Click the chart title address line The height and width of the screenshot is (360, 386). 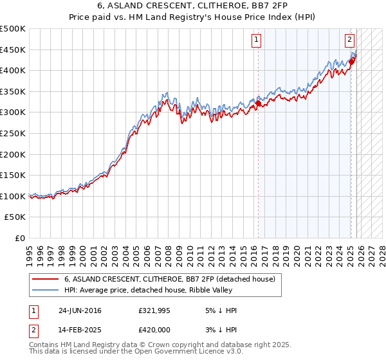tap(192, 6)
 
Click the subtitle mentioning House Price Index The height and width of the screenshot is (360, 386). tap(192, 17)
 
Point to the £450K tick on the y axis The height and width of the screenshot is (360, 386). tap(13, 50)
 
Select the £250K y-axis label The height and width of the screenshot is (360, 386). tap(13, 133)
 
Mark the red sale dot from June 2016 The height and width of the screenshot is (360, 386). tap(259, 103)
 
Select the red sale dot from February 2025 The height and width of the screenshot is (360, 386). tap(352, 62)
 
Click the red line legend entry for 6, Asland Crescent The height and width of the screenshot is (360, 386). tap(170, 279)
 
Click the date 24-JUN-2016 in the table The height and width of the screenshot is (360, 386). tap(80, 310)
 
